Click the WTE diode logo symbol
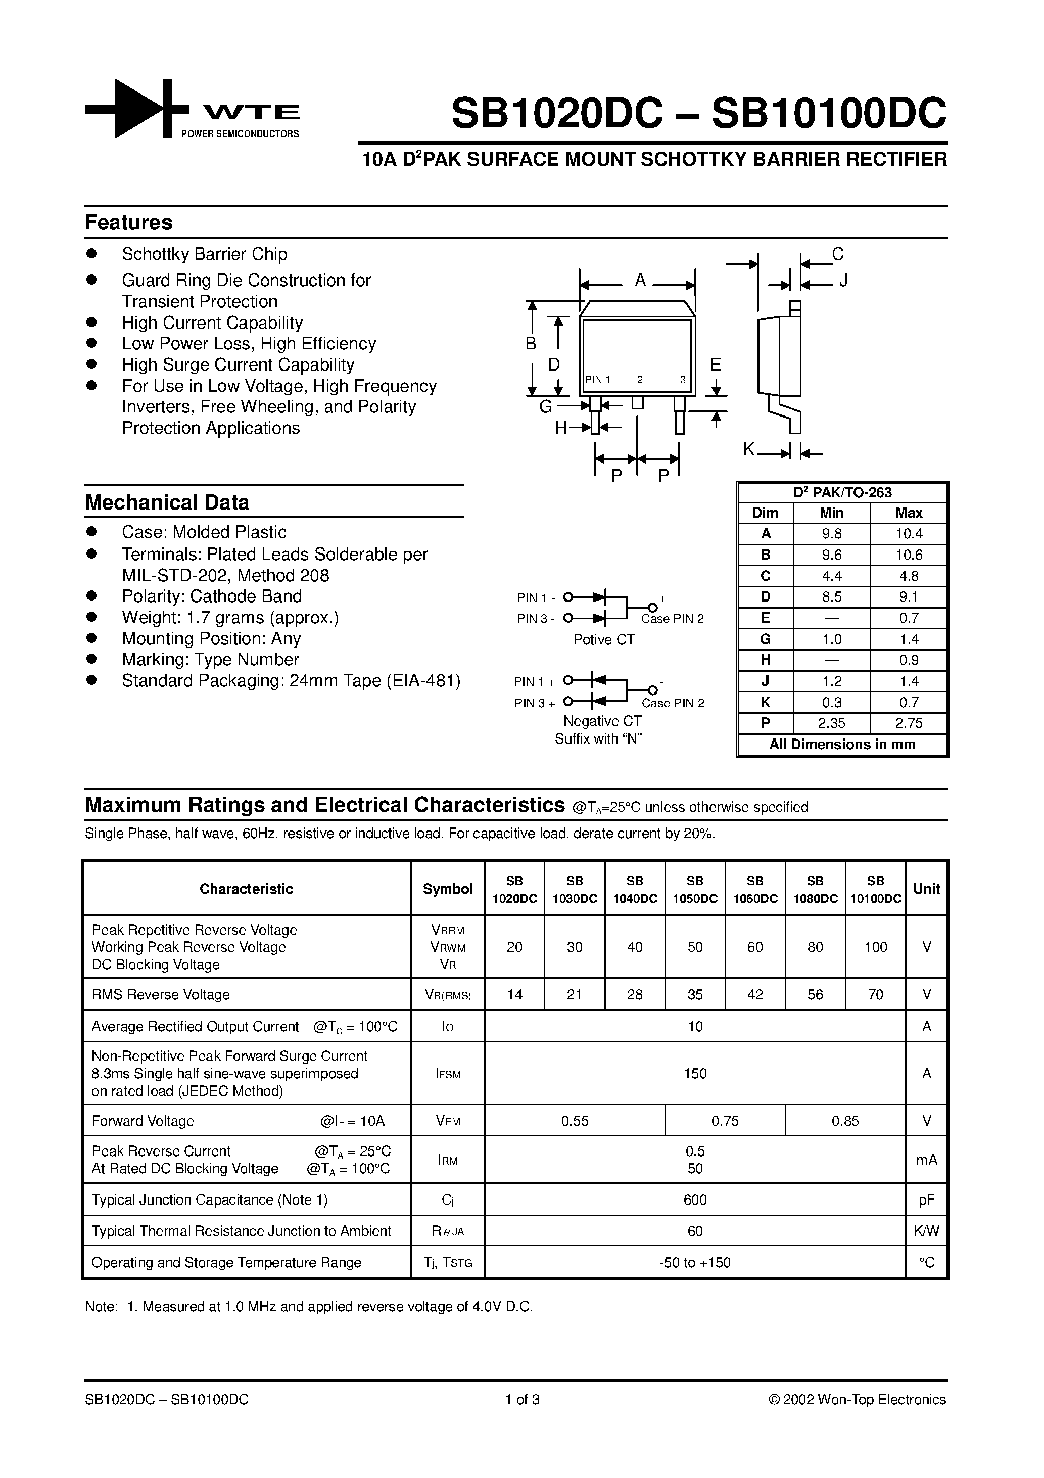tap(136, 108)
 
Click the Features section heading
tap(129, 222)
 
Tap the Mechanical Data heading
tap(167, 502)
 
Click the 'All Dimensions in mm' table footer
tap(842, 744)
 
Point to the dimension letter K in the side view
tap(748, 449)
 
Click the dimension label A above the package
tap(640, 280)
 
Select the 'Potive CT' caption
tap(604, 639)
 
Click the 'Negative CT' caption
tap(602, 721)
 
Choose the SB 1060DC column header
tap(755, 889)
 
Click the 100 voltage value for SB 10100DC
tap(875, 947)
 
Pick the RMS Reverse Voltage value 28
tap(635, 995)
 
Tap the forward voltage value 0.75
tap(725, 1121)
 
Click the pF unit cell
tap(926, 1199)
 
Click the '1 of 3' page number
tap(522, 1399)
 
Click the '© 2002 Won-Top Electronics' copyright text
tap(857, 1399)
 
